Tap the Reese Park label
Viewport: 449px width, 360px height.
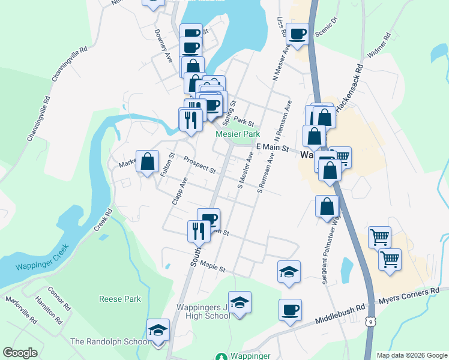point(120,299)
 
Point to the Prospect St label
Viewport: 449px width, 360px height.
point(200,165)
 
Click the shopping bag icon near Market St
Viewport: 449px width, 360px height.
point(147,161)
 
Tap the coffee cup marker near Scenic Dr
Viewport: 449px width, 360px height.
point(297,34)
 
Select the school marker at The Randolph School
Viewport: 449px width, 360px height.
point(158,331)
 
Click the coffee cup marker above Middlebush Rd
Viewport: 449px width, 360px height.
point(290,310)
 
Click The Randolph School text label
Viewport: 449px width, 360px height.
point(110,342)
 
